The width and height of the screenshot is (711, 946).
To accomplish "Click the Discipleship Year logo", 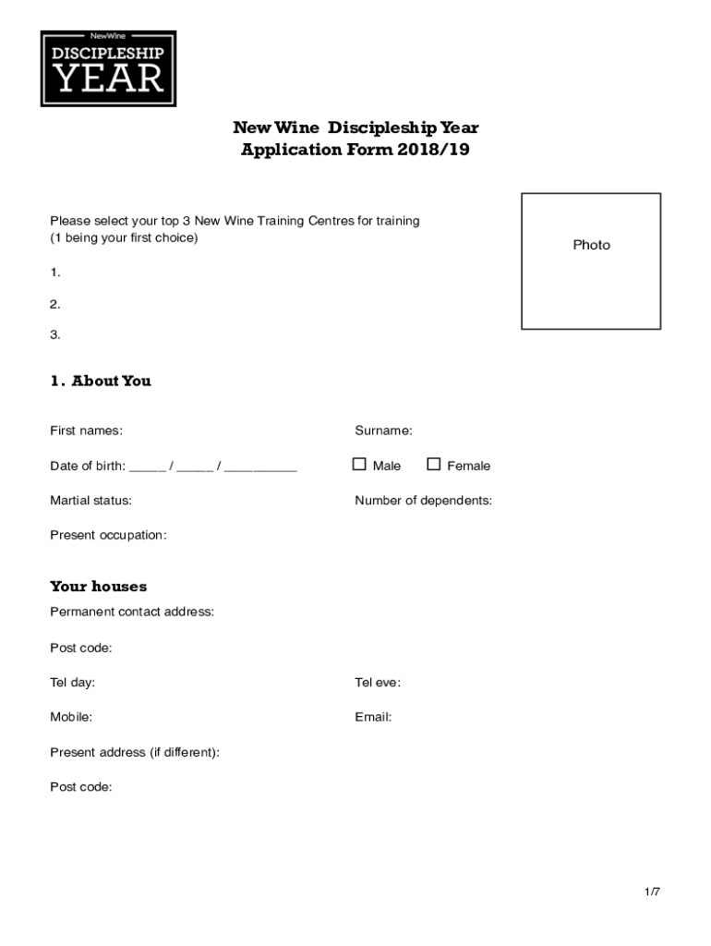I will click(x=108, y=68).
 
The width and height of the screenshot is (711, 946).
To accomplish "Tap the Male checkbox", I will click(x=359, y=465).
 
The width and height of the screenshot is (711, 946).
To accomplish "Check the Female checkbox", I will click(x=433, y=465).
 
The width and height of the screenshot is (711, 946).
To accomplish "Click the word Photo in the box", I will click(x=591, y=245).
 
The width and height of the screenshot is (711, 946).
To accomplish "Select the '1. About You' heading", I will click(x=101, y=381).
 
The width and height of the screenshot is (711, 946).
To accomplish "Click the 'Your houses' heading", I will click(x=98, y=587).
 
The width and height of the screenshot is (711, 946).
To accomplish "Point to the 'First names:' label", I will click(x=86, y=431).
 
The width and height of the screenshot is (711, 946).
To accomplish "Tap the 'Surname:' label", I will click(x=383, y=431).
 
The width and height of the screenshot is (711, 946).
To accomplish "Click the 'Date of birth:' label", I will click(x=88, y=466).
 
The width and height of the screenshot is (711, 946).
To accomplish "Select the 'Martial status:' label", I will click(x=90, y=501).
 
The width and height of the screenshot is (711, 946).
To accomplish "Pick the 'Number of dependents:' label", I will click(x=423, y=501).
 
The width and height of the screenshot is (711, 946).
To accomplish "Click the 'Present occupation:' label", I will click(x=108, y=535).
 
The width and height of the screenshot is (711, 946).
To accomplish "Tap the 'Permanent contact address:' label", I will click(x=132, y=612).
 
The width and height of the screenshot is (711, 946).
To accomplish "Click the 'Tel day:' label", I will click(x=72, y=683).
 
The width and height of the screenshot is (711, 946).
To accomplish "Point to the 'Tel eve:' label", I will click(x=378, y=683).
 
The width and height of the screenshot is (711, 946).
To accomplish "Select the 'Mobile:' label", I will click(x=71, y=717).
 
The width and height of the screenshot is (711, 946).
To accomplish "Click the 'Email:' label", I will click(x=373, y=717).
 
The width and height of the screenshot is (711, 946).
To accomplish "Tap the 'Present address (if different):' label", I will click(x=135, y=752).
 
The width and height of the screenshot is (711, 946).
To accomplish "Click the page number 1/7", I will click(x=653, y=891).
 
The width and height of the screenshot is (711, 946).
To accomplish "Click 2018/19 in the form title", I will click(x=434, y=150).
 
